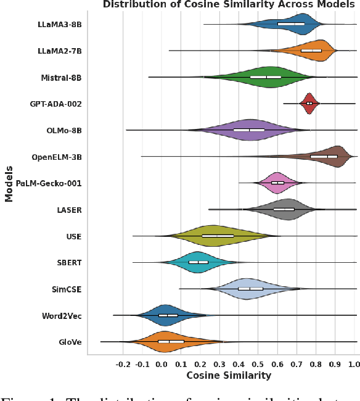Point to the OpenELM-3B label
[57, 157]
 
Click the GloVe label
[69, 342]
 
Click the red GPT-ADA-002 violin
[309, 104]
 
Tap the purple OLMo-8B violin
[253, 130]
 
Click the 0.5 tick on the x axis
[258, 364]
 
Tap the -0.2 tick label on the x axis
[123, 364]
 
